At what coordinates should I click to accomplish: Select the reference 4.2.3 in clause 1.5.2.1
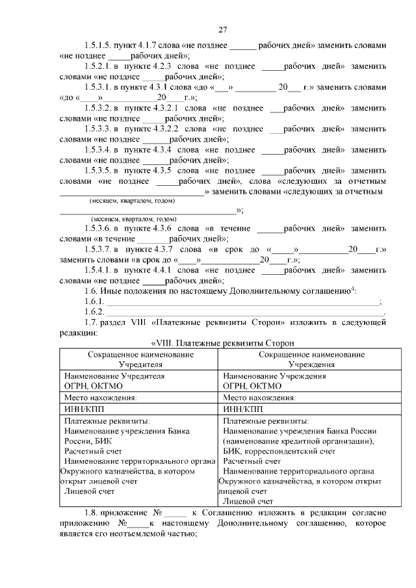pyautogui.click(x=160, y=66)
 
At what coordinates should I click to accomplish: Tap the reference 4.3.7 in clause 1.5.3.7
pyautogui.click(x=160, y=249)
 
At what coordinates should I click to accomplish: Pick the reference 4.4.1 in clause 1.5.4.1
pyautogui.click(x=160, y=269)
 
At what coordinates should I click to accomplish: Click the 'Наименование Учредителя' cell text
pyautogui.click(x=114, y=376)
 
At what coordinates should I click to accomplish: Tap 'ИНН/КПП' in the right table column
pyautogui.click(x=242, y=409)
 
